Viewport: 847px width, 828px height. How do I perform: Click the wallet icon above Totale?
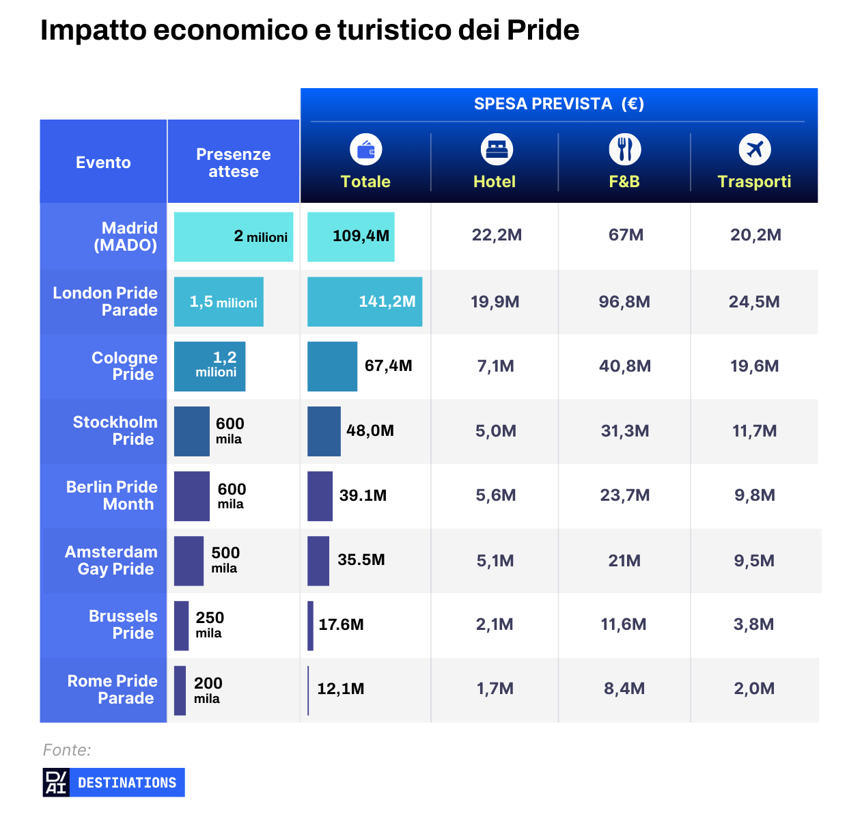pyautogui.click(x=365, y=150)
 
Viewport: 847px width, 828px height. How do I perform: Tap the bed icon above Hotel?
pyautogui.click(x=497, y=150)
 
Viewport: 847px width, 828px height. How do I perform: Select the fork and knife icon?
pyautogui.click(x=624, y=150)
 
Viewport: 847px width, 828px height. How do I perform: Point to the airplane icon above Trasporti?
pyautogui.click(x=754, y=150)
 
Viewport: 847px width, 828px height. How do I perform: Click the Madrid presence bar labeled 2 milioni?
pyautogui.click(x=233, y=236)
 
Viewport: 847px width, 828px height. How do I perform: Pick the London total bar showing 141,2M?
pyautogui.click(x=365, y=301)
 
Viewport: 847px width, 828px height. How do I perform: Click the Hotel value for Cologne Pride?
pyautogui.click(x=495, y=366)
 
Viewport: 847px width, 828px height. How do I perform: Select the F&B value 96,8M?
pyautogui.click(x=624, y=302)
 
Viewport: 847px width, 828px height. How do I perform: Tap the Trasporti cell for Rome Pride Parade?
pyautogui.click(x=754, y=689)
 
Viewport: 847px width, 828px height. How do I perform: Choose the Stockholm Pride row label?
pyautogui.click(x=115, y=430)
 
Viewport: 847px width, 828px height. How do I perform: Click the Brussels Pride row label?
pyautogui.click(x=122, y=624)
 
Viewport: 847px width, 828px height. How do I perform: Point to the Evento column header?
pyautogui.click(x=103, y=163)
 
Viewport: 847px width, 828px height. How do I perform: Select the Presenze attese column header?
pyautogui.click(x=233, y=163)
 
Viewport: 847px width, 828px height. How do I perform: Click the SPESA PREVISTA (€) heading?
pyautogui.click(x=559, y=104)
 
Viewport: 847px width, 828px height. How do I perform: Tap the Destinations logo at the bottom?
pyautogui.click(x=113, y=782)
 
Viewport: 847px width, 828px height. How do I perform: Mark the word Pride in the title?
pyautogui.click(x=542, y=30)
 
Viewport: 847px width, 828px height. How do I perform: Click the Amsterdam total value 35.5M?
pyautogui.click(x=361, y=560)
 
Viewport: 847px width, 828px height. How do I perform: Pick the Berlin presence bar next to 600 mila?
pyautogui.click(x=191, y=496)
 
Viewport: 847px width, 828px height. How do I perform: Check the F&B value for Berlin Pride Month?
pyautogui.click(x=624, y=495)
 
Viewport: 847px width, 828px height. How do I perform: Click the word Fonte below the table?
pyautogui.click(x=66, y=750)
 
